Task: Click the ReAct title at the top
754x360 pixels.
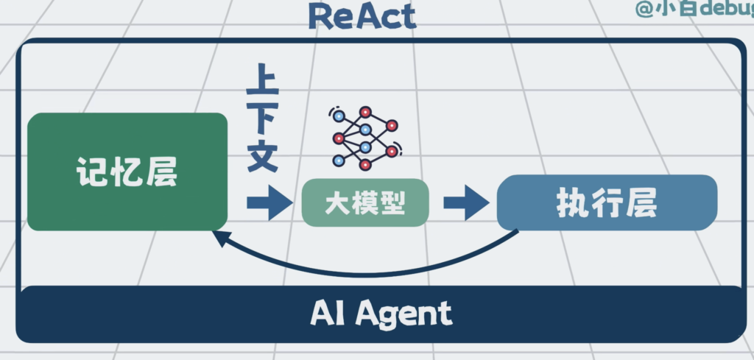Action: pos(362,15)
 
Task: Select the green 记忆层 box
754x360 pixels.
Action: pos(127,172)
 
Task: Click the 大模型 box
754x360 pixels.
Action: pos(365,202)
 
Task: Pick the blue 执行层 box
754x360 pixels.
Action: pos(607,202)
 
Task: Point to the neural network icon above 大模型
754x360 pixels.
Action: pos(364,138)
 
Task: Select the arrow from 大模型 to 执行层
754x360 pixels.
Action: pos(465,202)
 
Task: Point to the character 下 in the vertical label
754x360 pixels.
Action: pos(263,120)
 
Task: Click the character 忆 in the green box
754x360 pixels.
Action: pos(127,173)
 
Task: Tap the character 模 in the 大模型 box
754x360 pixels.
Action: pos(365,202)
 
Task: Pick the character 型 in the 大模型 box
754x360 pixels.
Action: pos(393,202)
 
